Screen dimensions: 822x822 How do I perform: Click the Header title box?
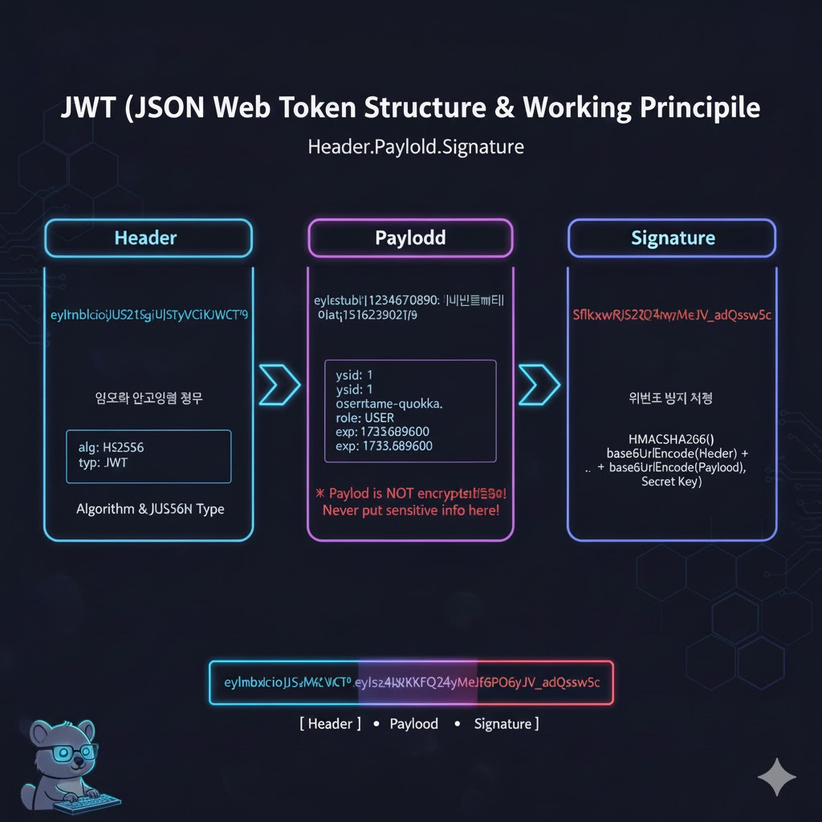pyautogui.click(x=147, y=238)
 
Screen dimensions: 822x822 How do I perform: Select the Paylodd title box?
pyautogui.click(x=410, y=238)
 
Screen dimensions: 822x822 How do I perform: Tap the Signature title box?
pyautogui.click(x=672, y=238)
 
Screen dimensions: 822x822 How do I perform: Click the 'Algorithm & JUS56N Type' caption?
pyautogui.click(x=150, y=509)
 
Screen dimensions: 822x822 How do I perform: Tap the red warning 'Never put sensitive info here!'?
pyautogui.click(x=410, y=510)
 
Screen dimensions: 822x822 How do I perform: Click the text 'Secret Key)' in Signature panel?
pyautogui.click(x=672, y=482)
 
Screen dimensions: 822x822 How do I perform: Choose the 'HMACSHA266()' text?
pyautogui.click(x=672, y=438)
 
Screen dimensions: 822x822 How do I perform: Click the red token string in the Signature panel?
pyautogui.click(x=672, y=315)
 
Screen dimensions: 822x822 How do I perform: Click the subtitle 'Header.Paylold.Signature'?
pyautogui.click(x=416, y=148)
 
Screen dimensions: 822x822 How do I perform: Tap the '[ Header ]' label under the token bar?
pyautogui.click(x=330, y=723)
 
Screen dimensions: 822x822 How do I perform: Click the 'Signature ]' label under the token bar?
pyautogui.click(x=506, y=723)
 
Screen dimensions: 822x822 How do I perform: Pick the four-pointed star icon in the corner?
pyautogui.click(x=777, y=776)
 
